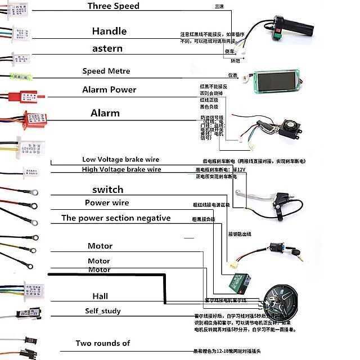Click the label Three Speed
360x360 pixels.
[x=113, y=6]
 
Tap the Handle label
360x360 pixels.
[x=109, y=31]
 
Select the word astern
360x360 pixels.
[x=107, y=48]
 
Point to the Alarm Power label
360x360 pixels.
[x=109, y=89]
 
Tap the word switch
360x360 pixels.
[x=107, y=190]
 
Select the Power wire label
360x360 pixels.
[x=107, y=202]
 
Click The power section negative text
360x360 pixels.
[x=116, y=218]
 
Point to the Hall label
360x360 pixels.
[x=100, y=296]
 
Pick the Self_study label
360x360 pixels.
[x=103, y=311]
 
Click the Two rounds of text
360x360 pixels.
[x=103, y=343]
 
